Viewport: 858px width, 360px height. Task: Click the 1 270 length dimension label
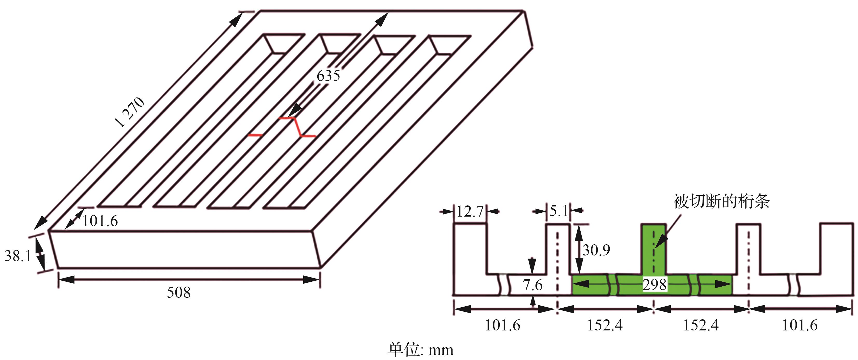click(130, 112)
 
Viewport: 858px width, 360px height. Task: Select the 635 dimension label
click(328, 76)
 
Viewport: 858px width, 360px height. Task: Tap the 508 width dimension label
click(179, 292)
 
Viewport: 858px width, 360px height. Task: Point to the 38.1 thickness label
click(18, 256)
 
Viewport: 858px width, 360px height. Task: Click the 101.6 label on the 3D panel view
click(100, 221)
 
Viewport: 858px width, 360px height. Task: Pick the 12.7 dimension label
click(470, 211)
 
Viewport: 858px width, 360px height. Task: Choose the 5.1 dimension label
click(559, 211)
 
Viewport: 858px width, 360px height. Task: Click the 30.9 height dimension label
click(596, 250)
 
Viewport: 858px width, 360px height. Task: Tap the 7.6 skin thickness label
click(532, 285)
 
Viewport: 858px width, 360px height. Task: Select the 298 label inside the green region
click(655, 285)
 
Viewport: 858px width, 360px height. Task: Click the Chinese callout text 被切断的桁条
click(721, 202)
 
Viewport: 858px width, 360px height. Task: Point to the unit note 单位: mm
click(420, 350)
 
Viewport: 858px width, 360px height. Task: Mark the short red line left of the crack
click(256, 135)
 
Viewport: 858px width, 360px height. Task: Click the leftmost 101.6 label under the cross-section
click(502, 325)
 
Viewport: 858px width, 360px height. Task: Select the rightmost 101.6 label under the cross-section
click(799, 325)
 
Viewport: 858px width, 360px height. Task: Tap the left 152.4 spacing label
click(605, 325)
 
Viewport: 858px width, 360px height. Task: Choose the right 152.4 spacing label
click(701, 325)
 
